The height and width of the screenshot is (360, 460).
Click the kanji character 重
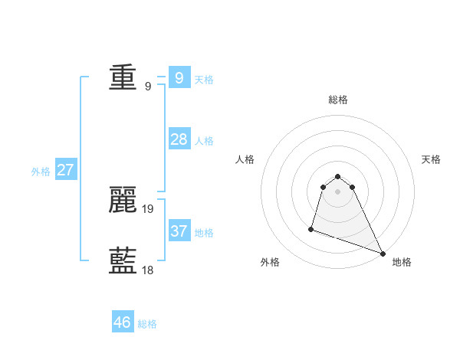pos(123,77)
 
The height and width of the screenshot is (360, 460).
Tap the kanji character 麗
pos(123,200)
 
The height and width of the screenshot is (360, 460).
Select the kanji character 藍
pos(123,261)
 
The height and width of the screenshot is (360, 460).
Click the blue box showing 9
pos(179,77)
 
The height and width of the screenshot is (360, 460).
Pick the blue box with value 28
pos(179,139)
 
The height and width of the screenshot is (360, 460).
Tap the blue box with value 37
pos(179,231)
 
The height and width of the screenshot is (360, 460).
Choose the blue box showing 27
pos(65,170)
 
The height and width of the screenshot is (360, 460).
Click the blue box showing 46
pos(123,322)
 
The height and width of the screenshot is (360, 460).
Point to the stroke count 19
pos(148,208)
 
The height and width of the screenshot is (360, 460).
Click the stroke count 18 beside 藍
pos(148,270)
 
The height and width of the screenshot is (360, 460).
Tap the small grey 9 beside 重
pos(148,86)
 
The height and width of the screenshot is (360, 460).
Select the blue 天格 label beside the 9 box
pos(204,80)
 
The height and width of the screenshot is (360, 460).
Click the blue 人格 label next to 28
pos(204,141)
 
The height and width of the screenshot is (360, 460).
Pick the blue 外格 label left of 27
pos(41,172)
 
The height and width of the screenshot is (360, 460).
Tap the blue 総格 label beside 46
pos(147,324)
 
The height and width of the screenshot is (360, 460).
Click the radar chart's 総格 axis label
pos(337,100)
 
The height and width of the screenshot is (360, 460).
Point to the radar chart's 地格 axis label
pos(402,263)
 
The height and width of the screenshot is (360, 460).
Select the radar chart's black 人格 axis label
pos(245,159)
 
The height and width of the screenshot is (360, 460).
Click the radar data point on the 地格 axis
pos(383,254)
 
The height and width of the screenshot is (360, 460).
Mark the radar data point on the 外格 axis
pos(311,228)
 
